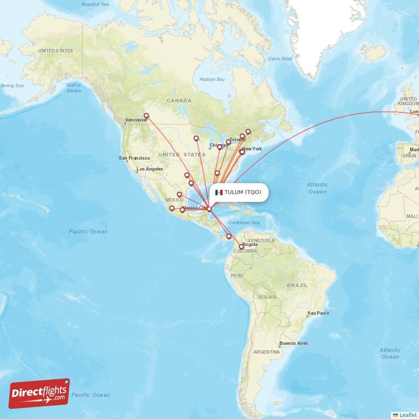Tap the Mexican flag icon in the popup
pyautogui.click(x=219, y=192)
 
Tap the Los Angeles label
pyautogui.click(x=150, y=169)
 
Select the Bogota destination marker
pyautogui.click(x=241, y=246)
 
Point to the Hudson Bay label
pyautogui.click(x=212, y=80)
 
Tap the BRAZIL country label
pyautogui.click(x=297, y=285)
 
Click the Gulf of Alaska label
pyautogui.click(x=74, y=87)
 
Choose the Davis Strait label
pyautogui.click(x=280, y=59)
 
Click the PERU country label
pyautogui.click(x=237, y=275)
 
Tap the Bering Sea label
pyautogui.click(x=12, y=85)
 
